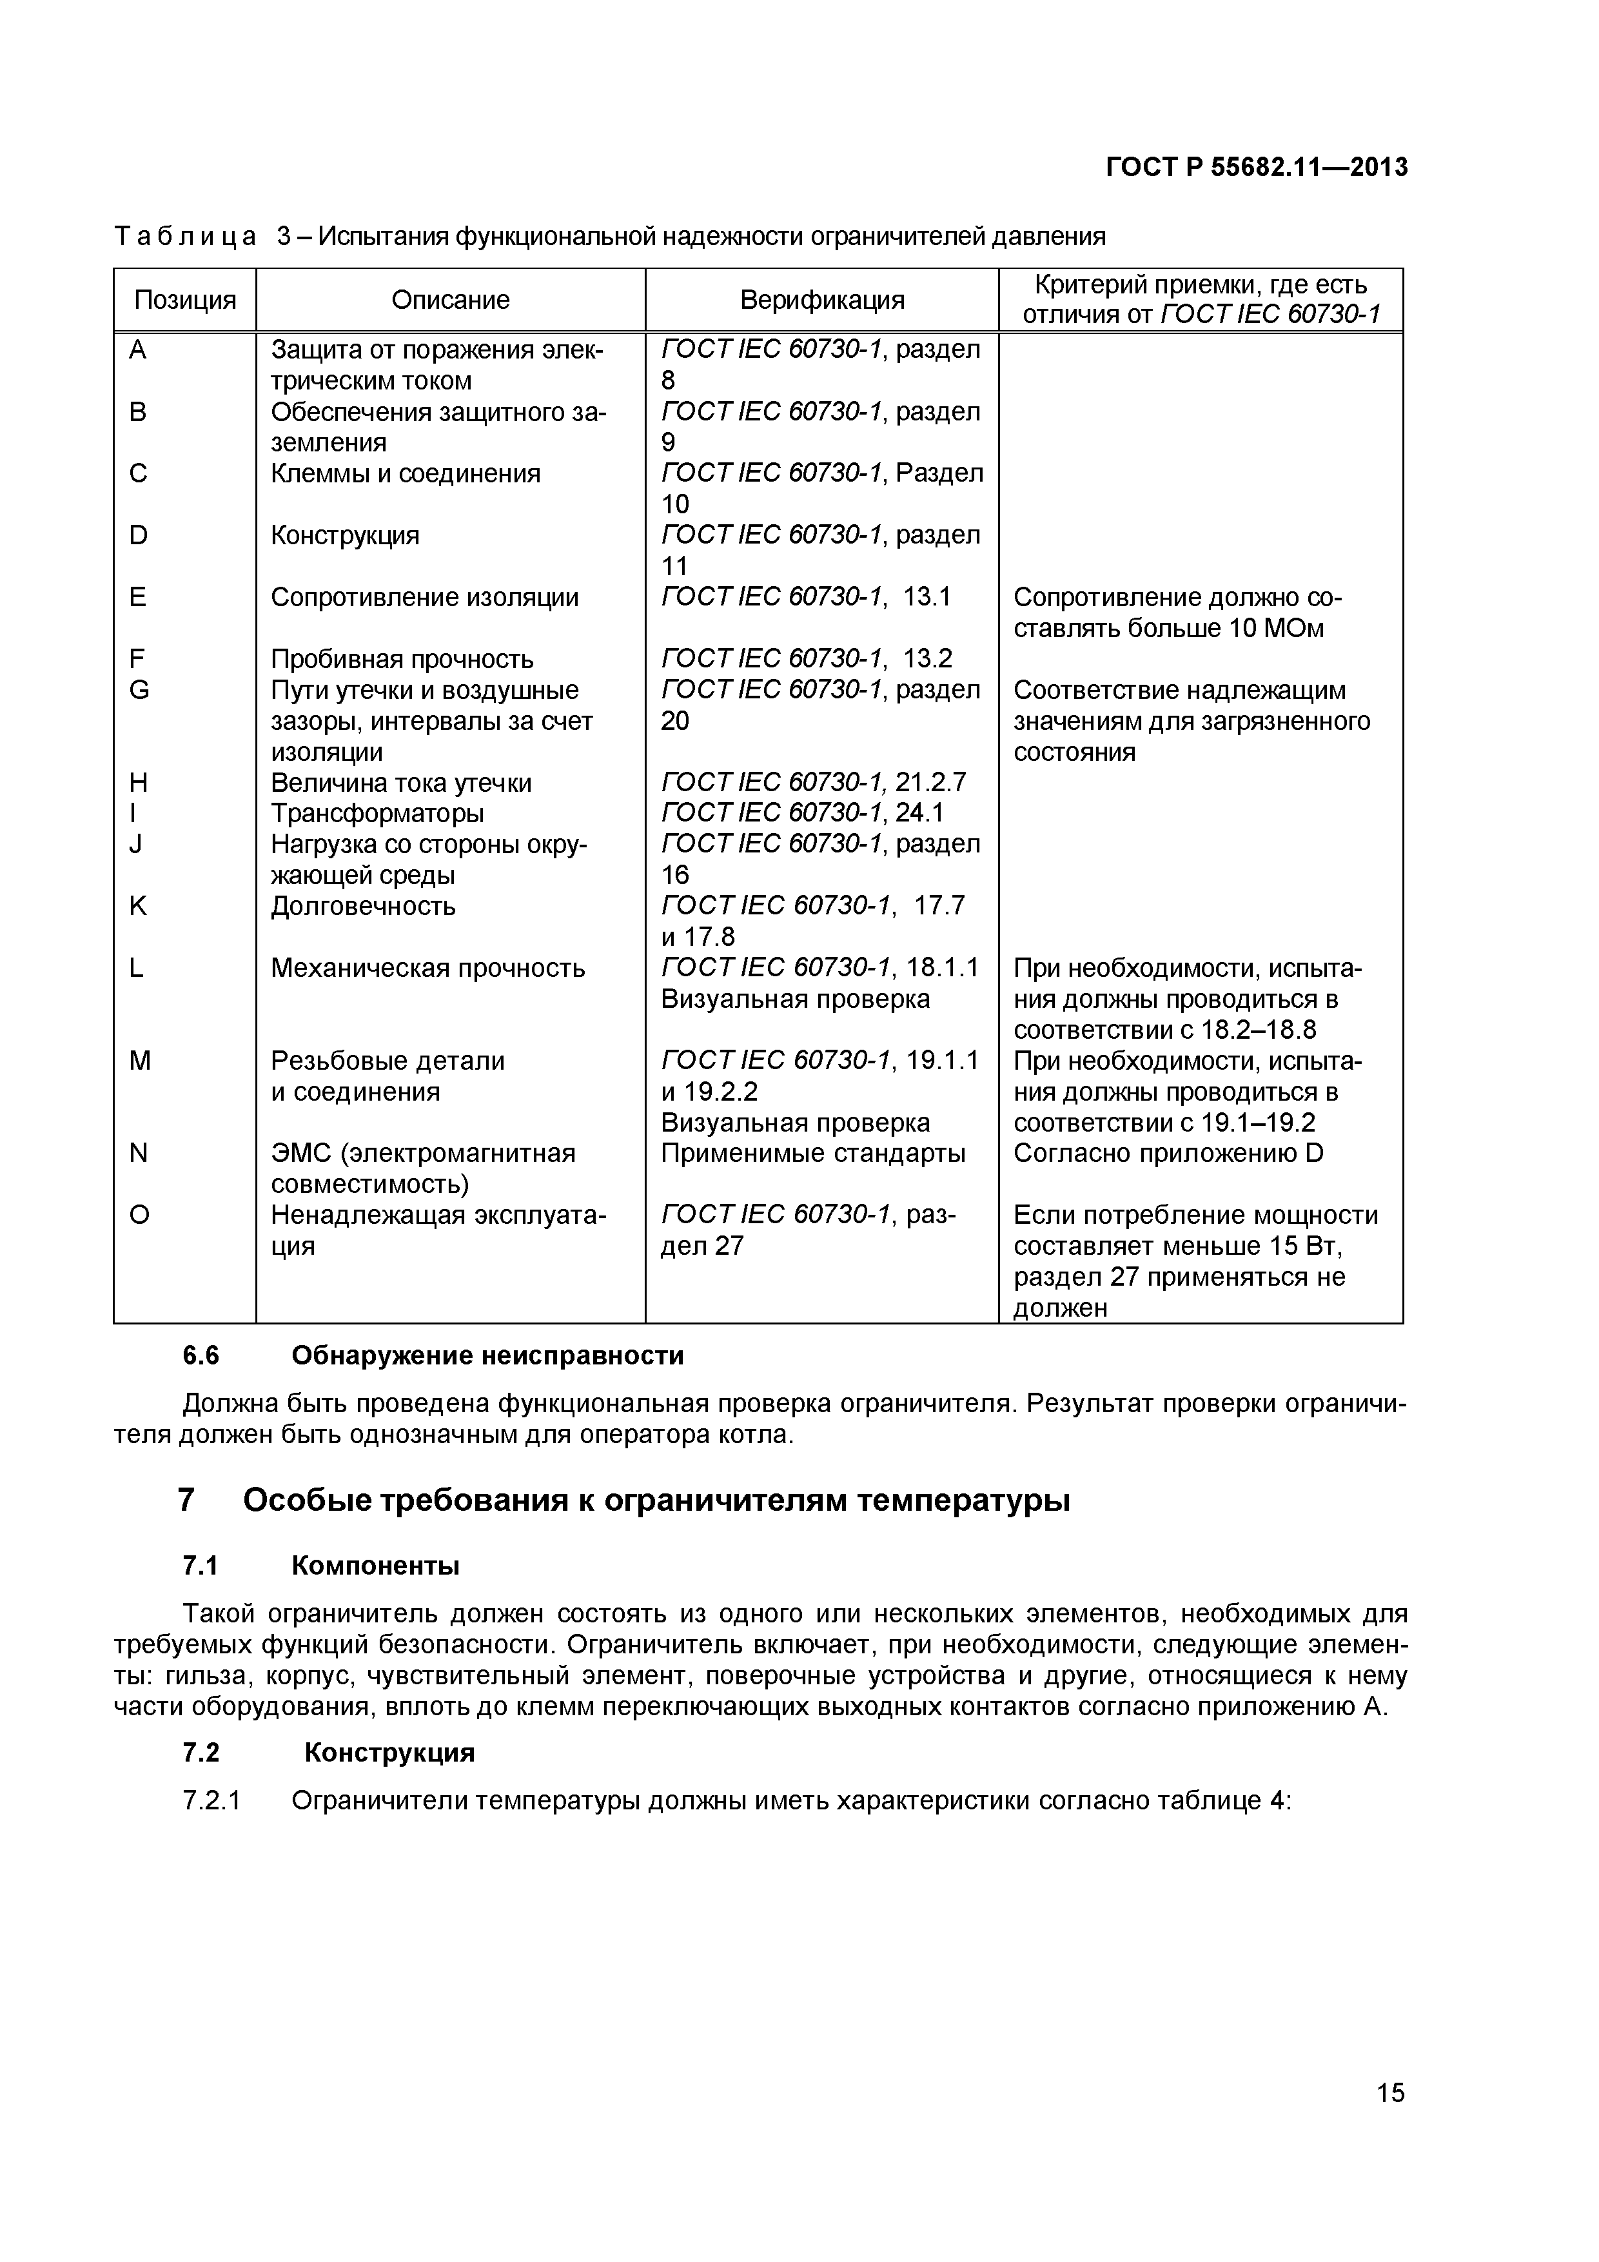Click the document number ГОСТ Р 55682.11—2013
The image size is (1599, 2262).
pyautogui.click(x=1256, y=168)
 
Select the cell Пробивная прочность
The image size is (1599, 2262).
pyautogui.click(x=402, y=659)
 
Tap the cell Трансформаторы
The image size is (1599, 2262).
pyautogui.click(x=377, y=814)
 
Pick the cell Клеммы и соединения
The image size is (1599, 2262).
pyautogui.click(x=406, y=474)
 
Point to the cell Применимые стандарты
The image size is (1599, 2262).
pyautogui.click(x=813, y=1154)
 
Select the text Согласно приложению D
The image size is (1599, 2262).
pyautogui.click(x=1168, y=1154)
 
